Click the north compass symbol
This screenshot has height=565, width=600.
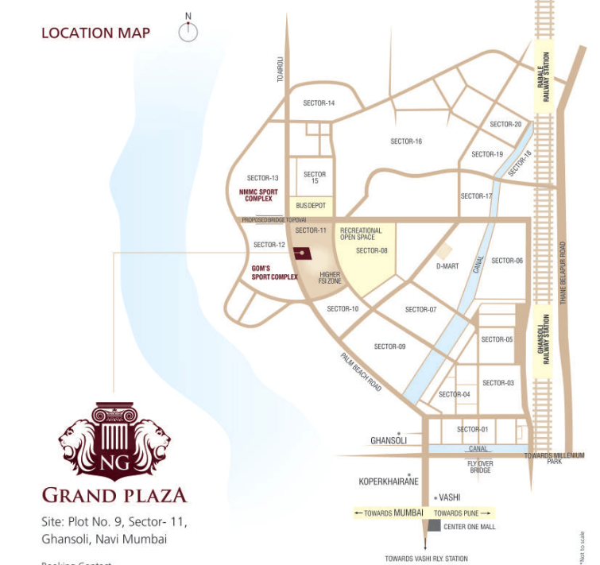click(x=188, y=31)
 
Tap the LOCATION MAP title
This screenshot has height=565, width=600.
click(x=95, y=33)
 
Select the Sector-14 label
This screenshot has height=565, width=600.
click(x=319, y=103)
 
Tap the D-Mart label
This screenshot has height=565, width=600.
click(x=447, y=266)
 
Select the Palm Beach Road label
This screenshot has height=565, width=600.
click(x=362, y=372)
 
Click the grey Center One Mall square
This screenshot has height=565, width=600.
click(x=434, y=526)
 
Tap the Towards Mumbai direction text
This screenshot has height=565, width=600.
click(x=389, y=513)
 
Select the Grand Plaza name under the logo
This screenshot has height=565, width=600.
click(x=114, y=496)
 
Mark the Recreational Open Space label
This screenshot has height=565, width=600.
click(x=361, y=234)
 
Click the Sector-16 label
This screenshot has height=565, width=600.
click(x=406, y=141)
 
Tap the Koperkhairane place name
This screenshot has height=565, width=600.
click(x=389, y=482)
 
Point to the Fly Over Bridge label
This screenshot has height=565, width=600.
click(x=479, y=466)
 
